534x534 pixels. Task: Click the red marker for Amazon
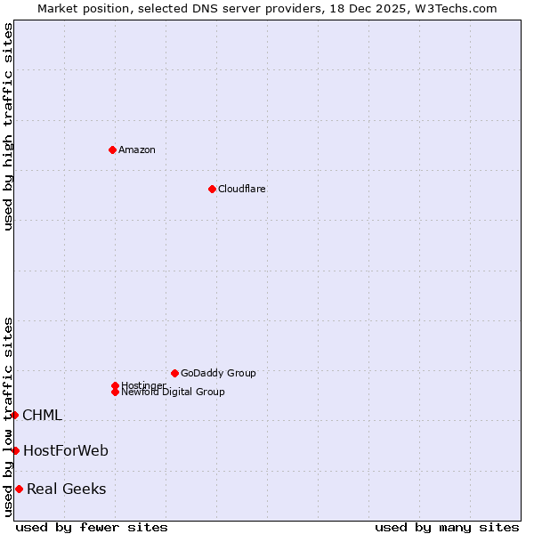pos(112,150)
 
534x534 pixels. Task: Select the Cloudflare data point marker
pos(212,189)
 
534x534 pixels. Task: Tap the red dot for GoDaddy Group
pos(174,373)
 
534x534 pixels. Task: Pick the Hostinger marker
pos(115,385)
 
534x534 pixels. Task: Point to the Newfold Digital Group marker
pos(115,392)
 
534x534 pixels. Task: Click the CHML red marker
pos(14,415)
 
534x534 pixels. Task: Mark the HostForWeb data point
pos(15,450)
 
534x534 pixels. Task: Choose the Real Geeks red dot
pos(19,489)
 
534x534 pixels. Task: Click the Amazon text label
pos(137,150)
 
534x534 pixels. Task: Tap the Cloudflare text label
pos(242,189)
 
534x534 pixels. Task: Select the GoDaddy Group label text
pos(218,373)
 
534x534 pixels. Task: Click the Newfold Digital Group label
pos(174,392)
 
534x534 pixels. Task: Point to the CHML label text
pos(42,415)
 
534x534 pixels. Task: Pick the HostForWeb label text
pos(66,450)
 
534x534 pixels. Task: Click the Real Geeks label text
pos(67,489)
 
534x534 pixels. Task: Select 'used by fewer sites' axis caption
pos(92,527)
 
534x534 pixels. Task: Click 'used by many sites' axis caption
pos(447,527)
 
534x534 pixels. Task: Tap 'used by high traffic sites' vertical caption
pos(9,126)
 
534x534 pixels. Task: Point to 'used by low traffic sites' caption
pos(9,417)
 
